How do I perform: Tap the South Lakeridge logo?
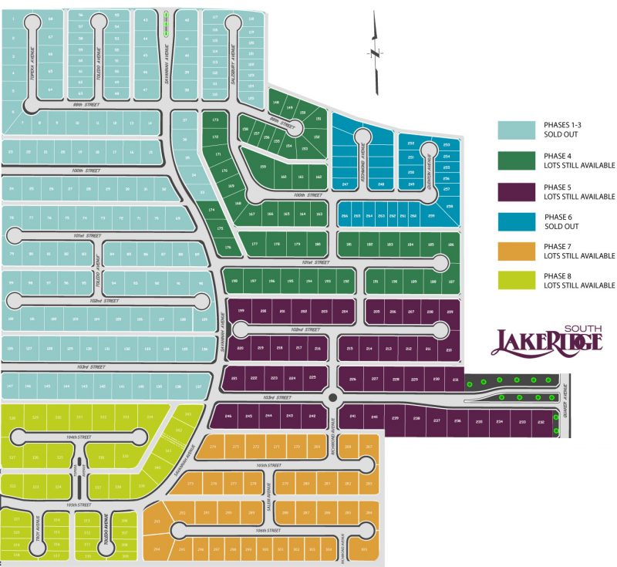pos(546,339)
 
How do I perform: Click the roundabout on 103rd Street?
pos(332,397)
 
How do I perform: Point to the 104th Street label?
pos(79,437)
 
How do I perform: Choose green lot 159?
pos(263,167)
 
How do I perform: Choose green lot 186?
pos(450,245)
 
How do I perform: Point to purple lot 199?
pos(241,310)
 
